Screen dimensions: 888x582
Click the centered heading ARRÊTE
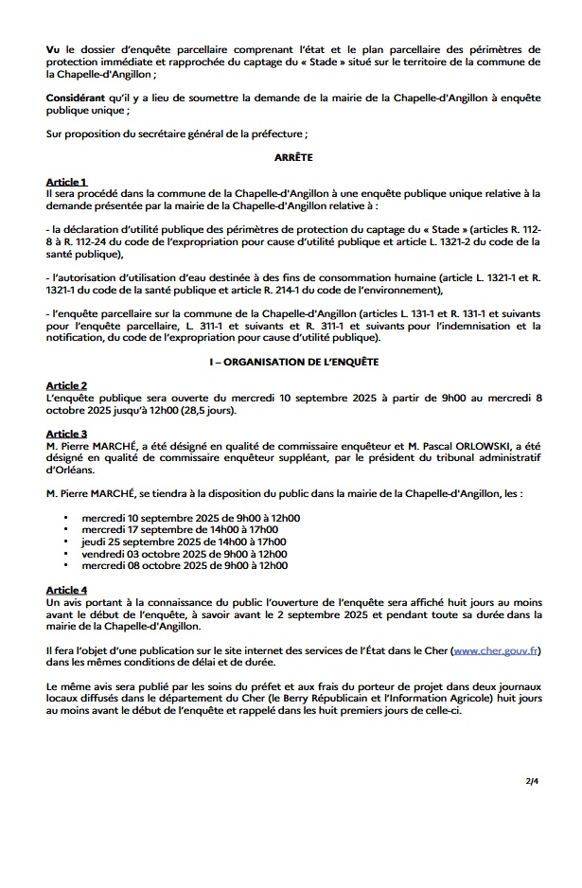(293, 159)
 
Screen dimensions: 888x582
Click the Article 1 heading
(66, 182)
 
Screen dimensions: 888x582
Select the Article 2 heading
(66, 386)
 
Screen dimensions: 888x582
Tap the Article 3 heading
(66, 433)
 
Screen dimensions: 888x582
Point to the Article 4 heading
(66, 590)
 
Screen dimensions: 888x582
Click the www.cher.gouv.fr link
(497, 651)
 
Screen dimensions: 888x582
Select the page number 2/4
(532, 783)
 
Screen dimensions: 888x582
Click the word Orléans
(69, 468)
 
